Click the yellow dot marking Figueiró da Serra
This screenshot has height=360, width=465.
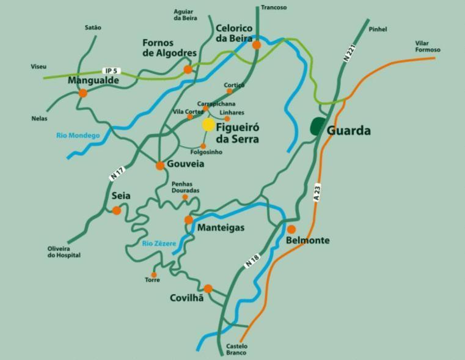tap(208, 125)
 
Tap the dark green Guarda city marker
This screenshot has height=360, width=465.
tap(318, 126)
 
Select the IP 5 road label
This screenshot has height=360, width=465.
tap(110, 71)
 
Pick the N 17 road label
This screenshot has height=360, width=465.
tap(117, 174)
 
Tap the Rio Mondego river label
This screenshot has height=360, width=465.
tap(77, 135)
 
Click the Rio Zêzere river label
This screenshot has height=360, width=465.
tap(159, 243)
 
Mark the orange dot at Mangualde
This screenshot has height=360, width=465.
tap(82, 93)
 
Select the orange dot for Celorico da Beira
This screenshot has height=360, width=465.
tap(257, 45)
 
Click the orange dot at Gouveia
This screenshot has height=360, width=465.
tap(160, 165)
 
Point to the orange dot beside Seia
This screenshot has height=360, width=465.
tap(116, 210)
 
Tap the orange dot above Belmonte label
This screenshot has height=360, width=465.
tap(291, 229)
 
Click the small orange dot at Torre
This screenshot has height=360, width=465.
tap(154, 275)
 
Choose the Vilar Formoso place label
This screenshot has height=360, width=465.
tap(428, 46)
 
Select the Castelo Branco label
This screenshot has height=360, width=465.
tap(236, 350)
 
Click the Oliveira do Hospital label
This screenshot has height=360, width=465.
tap(64, 252)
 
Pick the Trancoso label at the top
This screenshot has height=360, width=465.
tap(273, 7)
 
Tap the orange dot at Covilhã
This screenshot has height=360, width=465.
tap(208, 288)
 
